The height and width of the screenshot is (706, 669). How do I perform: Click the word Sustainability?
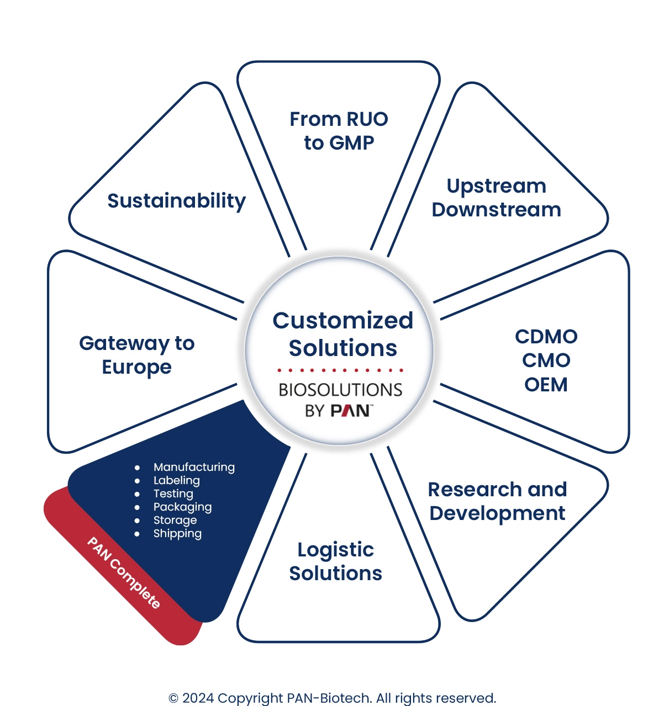point(176,201)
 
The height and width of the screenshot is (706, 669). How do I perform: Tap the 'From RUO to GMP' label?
point(339,131)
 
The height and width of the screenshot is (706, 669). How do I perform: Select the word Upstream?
point(496,186)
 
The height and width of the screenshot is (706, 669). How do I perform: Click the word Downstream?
point(496,210)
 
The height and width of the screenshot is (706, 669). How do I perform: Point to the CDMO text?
point(546,337)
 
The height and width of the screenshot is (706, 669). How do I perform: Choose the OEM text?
point(546,384)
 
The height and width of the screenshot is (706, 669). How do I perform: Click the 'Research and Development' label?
point(497,501)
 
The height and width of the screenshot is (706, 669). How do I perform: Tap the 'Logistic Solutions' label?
point(335,561)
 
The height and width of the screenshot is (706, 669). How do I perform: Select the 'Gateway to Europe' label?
point(136,355)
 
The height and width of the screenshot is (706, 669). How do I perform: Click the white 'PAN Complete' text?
point(124,572)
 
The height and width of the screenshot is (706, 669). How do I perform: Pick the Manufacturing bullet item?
point(194,467)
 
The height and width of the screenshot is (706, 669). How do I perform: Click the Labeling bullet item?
point(177,480)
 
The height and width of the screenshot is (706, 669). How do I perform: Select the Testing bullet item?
point(173,493)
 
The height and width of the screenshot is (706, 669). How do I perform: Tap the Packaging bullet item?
point(182,507)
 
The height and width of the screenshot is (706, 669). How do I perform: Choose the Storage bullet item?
point(175,520)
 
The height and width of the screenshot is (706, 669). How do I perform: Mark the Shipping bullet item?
point(177,533)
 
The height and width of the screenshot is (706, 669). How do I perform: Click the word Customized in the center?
point(343,321)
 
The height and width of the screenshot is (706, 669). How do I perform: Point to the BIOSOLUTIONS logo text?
point(340,390)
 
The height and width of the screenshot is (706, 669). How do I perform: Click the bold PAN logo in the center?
point(350,411)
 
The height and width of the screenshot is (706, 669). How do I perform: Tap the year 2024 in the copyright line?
point(198,698)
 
